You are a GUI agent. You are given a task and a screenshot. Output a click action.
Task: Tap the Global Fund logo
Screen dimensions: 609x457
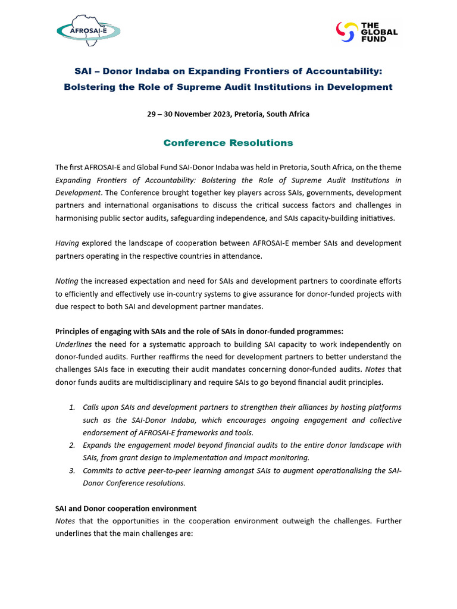click(x=368, y=32)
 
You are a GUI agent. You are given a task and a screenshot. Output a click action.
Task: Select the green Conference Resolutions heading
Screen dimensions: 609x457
click(x=228, y=143)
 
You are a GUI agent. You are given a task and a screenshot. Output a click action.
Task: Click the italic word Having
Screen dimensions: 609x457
click(x=67, y=243)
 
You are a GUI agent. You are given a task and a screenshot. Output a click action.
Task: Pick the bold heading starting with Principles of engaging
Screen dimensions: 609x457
click(x=199, y=331)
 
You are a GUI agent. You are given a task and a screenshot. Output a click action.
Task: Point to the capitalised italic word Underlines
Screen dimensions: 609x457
click(x=74, y=344)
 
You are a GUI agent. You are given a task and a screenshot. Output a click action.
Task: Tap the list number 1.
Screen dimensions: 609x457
click(x=71, y=407)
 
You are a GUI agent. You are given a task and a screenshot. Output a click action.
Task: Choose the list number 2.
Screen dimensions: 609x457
click(x=71, y=445)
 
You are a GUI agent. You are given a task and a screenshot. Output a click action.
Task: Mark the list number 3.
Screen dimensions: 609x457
click(x=71, y=470)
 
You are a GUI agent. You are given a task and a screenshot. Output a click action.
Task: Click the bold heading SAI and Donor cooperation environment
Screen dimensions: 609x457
click(x=126, y=508)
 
